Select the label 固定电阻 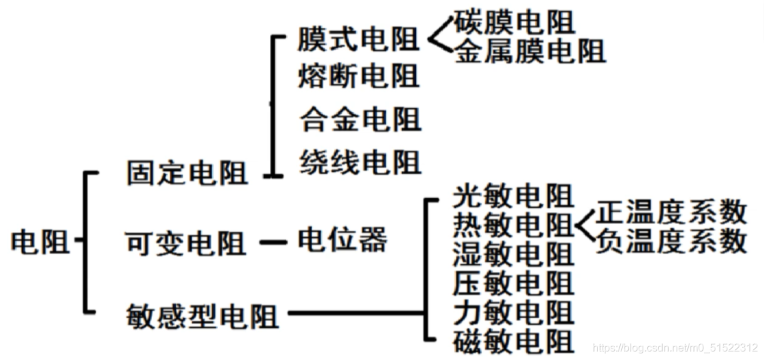[x=187, y=173]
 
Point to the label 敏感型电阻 [x=202, y=315]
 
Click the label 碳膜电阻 [x=514, y=23]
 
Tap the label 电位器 [x=342, y=239]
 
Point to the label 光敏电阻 [x=513, y=197]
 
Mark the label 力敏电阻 [x=513, y=312]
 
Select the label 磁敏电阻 [x=513, y=341]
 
